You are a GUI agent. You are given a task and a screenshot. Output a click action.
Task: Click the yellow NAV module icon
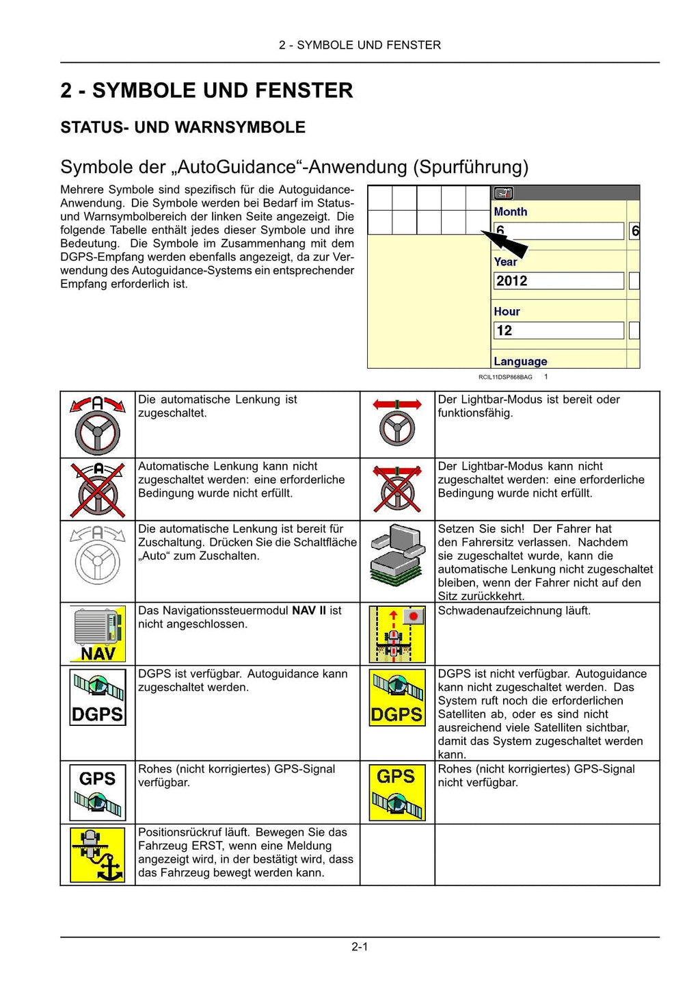(x=98, y=634)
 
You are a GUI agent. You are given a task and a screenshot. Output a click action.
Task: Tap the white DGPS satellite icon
(x=98, y=696)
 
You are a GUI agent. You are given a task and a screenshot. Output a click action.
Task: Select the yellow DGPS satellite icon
(x=397, y=696)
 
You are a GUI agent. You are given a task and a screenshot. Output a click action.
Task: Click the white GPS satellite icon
(x=98, y=792)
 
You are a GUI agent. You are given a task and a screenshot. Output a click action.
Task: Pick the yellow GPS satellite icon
(x=397, y=792)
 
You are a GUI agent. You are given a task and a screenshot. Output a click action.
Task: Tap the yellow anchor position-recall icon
(x=98, y=855)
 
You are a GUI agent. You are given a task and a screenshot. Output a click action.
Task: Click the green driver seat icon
(x=397, y=556)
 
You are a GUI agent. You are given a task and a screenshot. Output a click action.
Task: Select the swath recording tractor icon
(x=397, y=634)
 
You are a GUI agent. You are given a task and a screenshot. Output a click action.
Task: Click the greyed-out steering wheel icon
(x=98, y=555)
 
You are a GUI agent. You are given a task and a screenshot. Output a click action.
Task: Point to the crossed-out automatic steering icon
(x=98, y=489)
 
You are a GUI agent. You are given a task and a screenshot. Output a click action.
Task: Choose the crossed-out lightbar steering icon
(x=397, y=489)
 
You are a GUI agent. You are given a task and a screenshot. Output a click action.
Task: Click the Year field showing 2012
(x=558, y=281)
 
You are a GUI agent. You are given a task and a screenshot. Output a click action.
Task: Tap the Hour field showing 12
(x=558, y=330)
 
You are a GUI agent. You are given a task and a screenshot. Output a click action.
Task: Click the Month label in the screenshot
(x=511, y=212)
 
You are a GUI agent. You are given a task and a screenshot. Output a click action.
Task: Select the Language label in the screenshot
(x=520, y=361)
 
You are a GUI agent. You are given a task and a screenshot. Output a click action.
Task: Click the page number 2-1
(x=360, y=947)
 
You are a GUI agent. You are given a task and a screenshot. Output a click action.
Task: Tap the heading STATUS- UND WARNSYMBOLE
(x=183, y=127)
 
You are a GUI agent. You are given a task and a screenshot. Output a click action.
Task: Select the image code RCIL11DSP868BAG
(x=505, y=377)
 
